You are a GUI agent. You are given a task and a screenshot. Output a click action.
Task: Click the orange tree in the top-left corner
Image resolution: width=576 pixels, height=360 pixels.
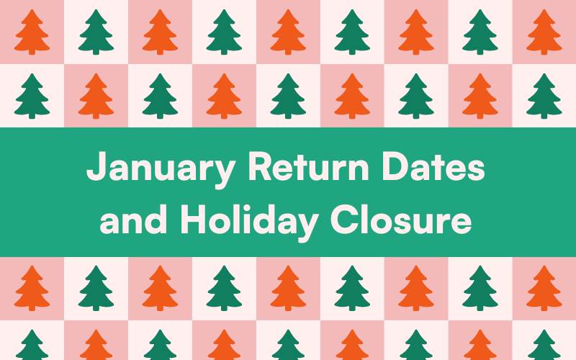coord(32,32)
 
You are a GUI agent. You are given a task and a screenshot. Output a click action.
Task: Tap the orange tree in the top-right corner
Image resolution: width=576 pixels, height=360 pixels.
coord(544,32)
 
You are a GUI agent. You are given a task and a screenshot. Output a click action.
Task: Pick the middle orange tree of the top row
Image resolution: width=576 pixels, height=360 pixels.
coord(288,32)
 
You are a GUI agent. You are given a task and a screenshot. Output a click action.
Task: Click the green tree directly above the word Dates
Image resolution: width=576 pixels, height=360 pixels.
coord(416,96)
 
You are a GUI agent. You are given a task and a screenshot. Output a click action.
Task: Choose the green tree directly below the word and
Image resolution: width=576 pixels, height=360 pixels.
coord(96,288)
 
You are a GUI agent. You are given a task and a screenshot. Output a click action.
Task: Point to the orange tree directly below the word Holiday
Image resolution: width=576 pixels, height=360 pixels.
coord(288,288)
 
